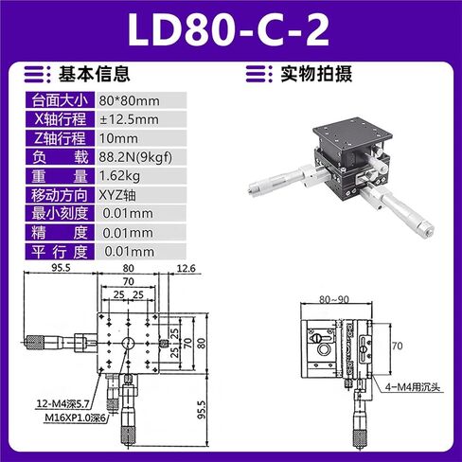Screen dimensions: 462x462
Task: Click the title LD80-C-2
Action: click(229, 31)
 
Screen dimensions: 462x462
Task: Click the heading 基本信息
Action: click(94, 74)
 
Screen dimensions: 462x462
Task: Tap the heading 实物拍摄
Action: click(316, 74)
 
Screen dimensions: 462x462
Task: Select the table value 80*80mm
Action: click(129, 101)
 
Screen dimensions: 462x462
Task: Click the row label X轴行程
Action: click(60, 119)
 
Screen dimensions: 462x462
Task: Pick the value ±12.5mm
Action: click(129, 119)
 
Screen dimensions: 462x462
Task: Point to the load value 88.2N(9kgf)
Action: click(135, 157)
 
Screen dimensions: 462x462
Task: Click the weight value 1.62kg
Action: click(119, 176)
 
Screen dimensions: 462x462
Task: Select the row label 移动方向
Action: click(60, 195)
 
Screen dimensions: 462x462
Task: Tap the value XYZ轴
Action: click(117, 195)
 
